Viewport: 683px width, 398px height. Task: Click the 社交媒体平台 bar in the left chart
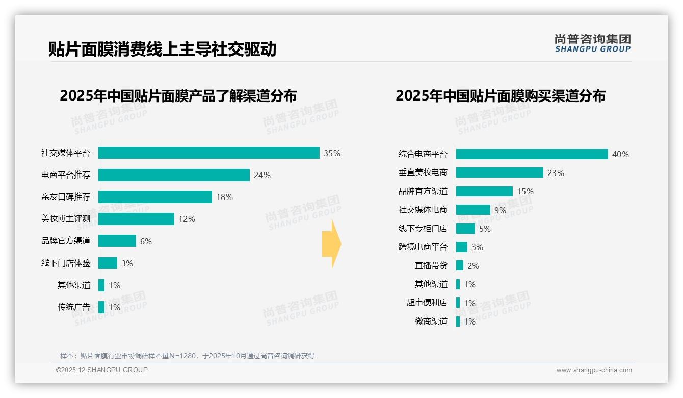(x=208, y=153)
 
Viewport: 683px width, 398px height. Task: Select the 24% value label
(x=262, y=175)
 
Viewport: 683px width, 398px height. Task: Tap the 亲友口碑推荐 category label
(x=66, y=197)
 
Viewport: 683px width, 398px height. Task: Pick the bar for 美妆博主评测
(x=136, y=219)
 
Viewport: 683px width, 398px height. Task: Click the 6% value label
(x=146, y=241)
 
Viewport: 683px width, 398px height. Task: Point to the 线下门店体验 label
(x=66, y=263)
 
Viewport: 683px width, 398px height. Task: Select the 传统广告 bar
(x=101, y=307)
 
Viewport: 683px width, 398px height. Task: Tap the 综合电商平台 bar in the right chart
(x=532, y=154)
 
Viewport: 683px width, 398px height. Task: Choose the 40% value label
(x=620, y=154)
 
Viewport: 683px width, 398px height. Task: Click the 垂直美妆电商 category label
(x=423, y=172)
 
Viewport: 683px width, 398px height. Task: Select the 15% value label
(x=525, y=191)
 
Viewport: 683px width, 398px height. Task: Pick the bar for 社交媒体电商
(x=473, y=210)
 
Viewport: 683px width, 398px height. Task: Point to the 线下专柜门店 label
(x=423, y=229)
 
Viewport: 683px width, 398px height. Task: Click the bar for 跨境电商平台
(x=462, y=247)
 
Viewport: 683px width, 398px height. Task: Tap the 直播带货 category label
(x=431, y=266)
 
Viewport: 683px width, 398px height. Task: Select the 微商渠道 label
(x=431, y=321)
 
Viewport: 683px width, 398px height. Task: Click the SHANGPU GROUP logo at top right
(x=592, y=43)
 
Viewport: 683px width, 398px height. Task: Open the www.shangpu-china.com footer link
(x=594, y=370)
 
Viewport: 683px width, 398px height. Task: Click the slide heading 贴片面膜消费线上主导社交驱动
(x=162, y=49)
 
